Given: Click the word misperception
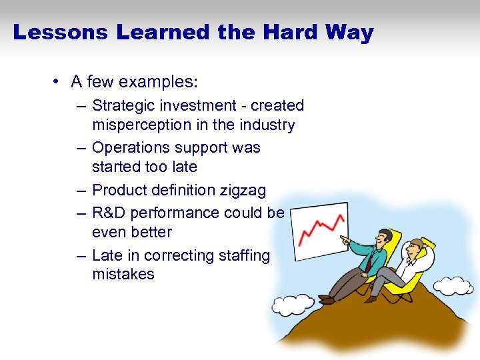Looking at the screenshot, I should point(143,125).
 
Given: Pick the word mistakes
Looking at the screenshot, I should point(123,274).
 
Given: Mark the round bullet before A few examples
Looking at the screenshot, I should point(59,82).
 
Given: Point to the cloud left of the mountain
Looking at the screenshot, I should point(288,304).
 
